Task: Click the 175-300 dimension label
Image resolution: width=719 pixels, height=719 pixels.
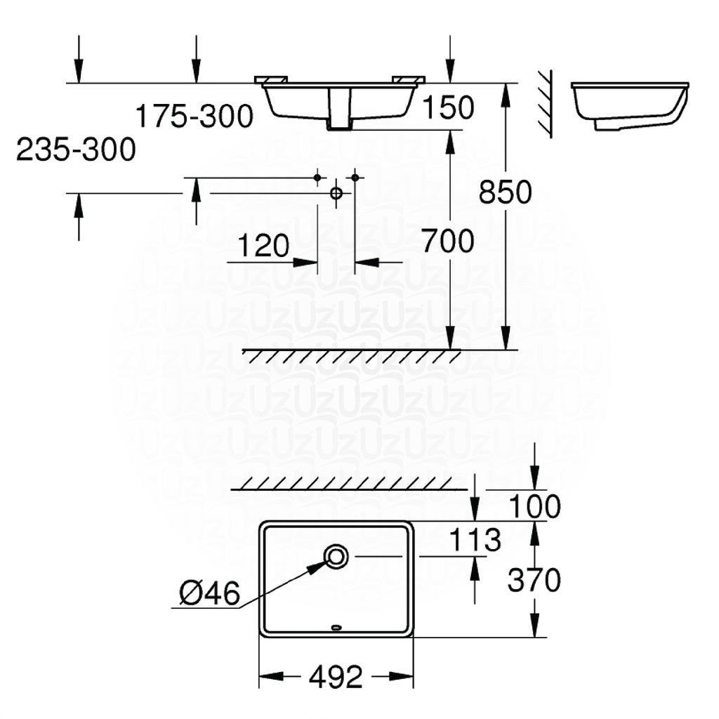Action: point(194,116)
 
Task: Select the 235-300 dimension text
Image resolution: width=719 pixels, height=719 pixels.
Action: point(76,150)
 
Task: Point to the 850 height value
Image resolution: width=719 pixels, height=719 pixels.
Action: point(506,192)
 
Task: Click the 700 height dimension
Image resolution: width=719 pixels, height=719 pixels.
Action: point(448,242)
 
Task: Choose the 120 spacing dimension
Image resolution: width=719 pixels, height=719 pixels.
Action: point(263,246)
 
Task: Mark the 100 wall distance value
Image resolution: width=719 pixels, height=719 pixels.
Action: point(535,506)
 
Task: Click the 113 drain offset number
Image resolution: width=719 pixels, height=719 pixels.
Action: point(475,540)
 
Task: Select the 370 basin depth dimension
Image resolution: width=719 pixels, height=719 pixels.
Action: point(535,580)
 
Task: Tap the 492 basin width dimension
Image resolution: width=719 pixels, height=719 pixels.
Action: point(336,677)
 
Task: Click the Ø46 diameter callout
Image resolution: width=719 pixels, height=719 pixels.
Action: point(209,595)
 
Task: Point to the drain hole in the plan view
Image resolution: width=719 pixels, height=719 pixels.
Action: point(336,557)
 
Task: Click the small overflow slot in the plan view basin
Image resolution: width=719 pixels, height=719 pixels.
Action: point(336,628)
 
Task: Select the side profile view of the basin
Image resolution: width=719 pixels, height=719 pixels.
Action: point(629,105)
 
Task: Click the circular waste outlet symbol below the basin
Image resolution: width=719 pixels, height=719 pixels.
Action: point(336,192)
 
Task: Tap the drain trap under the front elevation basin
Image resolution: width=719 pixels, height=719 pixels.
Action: point(339,112)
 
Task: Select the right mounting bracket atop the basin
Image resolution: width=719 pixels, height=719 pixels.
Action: point(408,78)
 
